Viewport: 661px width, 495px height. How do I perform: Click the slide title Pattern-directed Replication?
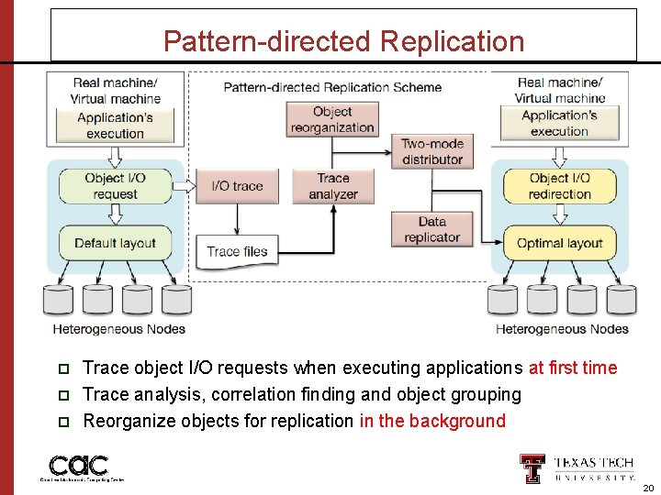[343, 41]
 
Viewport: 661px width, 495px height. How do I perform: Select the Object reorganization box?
[331, 119]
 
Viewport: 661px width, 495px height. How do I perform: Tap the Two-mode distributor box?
[432, 151]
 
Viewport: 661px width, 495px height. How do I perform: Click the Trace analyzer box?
[332, 186]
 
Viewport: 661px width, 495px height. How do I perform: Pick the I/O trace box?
[237, 186]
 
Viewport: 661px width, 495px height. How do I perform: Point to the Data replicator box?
[431, 229]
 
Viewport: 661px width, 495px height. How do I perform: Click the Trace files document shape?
[237, 251]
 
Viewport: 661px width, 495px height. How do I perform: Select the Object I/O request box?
[115, 186]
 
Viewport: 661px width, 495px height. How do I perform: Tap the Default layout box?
[115, 243]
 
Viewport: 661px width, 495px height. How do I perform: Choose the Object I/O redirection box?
[559, 186]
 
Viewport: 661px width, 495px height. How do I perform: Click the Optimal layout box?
[559, 243]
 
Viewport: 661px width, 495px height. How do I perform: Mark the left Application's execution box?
[115, 126]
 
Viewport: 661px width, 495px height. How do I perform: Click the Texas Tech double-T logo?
[532, 468]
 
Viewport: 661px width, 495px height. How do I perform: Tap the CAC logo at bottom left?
[79, 466]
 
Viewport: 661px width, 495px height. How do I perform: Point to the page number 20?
[647, 489]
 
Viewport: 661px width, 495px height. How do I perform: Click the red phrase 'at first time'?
[573, 368]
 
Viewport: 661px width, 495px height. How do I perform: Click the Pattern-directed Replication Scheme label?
[332, 87]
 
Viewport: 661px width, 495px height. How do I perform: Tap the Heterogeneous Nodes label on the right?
[562, 328]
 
